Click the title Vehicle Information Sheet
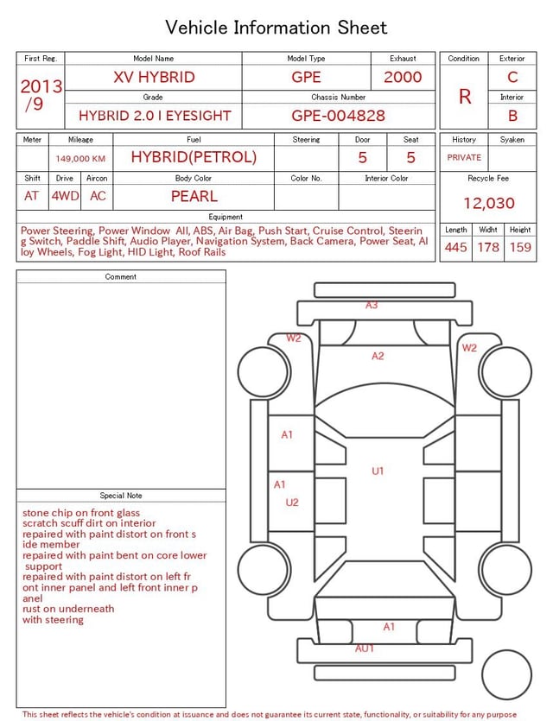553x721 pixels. [x=276, y=28]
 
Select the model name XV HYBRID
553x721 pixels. [x=154, y=77]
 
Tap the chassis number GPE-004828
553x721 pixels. [x=338, y=116]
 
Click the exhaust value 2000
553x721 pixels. [x=403, y=77]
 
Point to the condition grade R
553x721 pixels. [x=465, y=97]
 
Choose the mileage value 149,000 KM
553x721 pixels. [x=80, y=159]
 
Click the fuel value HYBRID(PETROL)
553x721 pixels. [x=194, y=157]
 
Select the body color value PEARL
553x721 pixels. [x=194, y=196]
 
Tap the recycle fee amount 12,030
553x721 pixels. [x=489, y=203]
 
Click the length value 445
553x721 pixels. [x=455, y=247]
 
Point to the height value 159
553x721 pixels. [x=520, y=247]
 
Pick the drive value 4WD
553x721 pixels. [x=65, y=196]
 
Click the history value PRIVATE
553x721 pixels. [x=464, y=158]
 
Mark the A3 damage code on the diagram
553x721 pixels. [x=372, y=306]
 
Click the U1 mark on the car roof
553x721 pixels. [x=378, y=471]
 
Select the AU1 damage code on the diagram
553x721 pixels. [x=365, y=648]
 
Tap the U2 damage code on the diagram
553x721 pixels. [x=292, y=503]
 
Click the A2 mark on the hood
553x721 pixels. [x=378, y=356]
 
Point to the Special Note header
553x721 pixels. [x=121, y=496]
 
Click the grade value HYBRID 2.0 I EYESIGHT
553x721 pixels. [x=153, y=116]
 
